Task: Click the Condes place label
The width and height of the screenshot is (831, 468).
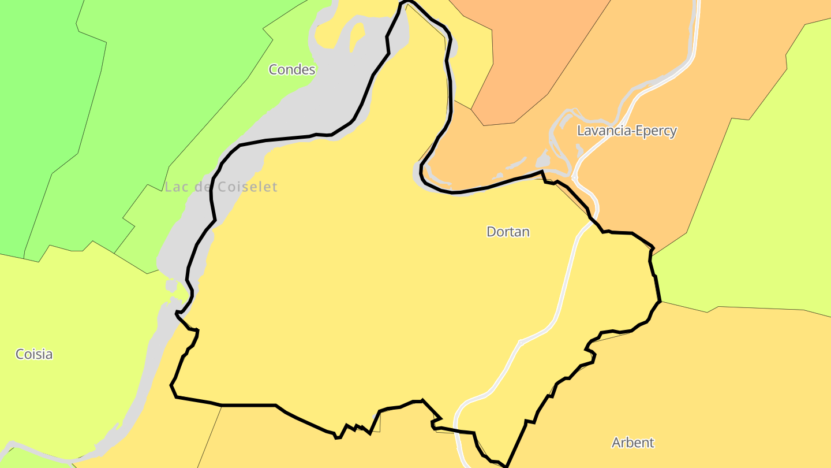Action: click(x=292, y=69)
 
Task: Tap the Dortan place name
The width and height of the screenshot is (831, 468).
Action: click(x=508, y=232)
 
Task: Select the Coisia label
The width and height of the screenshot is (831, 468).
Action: click(x=34, y=354)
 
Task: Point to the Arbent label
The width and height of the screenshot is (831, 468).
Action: click(x=633, y=443)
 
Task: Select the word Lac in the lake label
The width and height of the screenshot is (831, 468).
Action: click(x=175, y=187)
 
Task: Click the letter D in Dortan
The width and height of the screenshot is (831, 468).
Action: click(x=492, y=232)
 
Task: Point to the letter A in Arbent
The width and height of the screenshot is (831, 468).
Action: click(x=616, y=443)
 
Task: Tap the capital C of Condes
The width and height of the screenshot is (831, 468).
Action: click(x=274, y=69)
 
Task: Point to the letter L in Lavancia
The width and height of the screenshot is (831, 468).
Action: click(x=581, y=131)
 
